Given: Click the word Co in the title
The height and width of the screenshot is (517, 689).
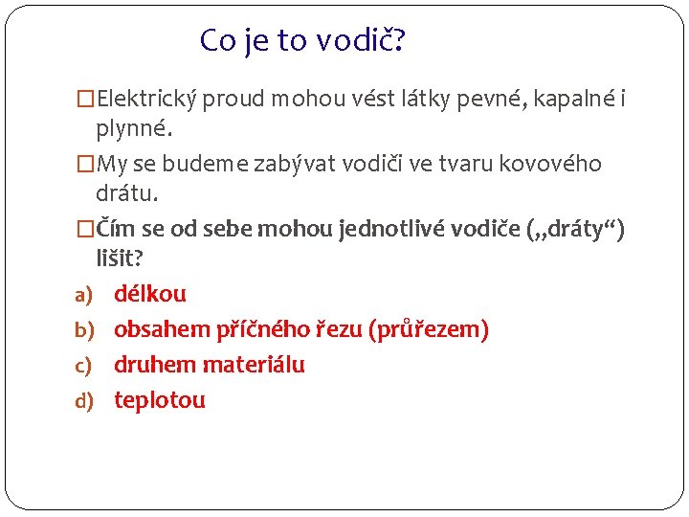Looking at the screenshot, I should click(216, 41).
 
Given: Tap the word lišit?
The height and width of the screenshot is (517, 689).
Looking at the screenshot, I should click(119, 258).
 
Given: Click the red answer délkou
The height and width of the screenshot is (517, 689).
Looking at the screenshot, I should click(150, 294).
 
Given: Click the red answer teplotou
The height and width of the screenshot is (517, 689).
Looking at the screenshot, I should click(160, 400).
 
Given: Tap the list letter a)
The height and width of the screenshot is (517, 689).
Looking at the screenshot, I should click(84, 295).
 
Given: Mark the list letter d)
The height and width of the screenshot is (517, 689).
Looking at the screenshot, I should click(84, 401).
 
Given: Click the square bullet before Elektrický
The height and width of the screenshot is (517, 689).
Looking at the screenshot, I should click(86, 99).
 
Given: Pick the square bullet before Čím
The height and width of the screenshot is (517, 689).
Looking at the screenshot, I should click(86, 229).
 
